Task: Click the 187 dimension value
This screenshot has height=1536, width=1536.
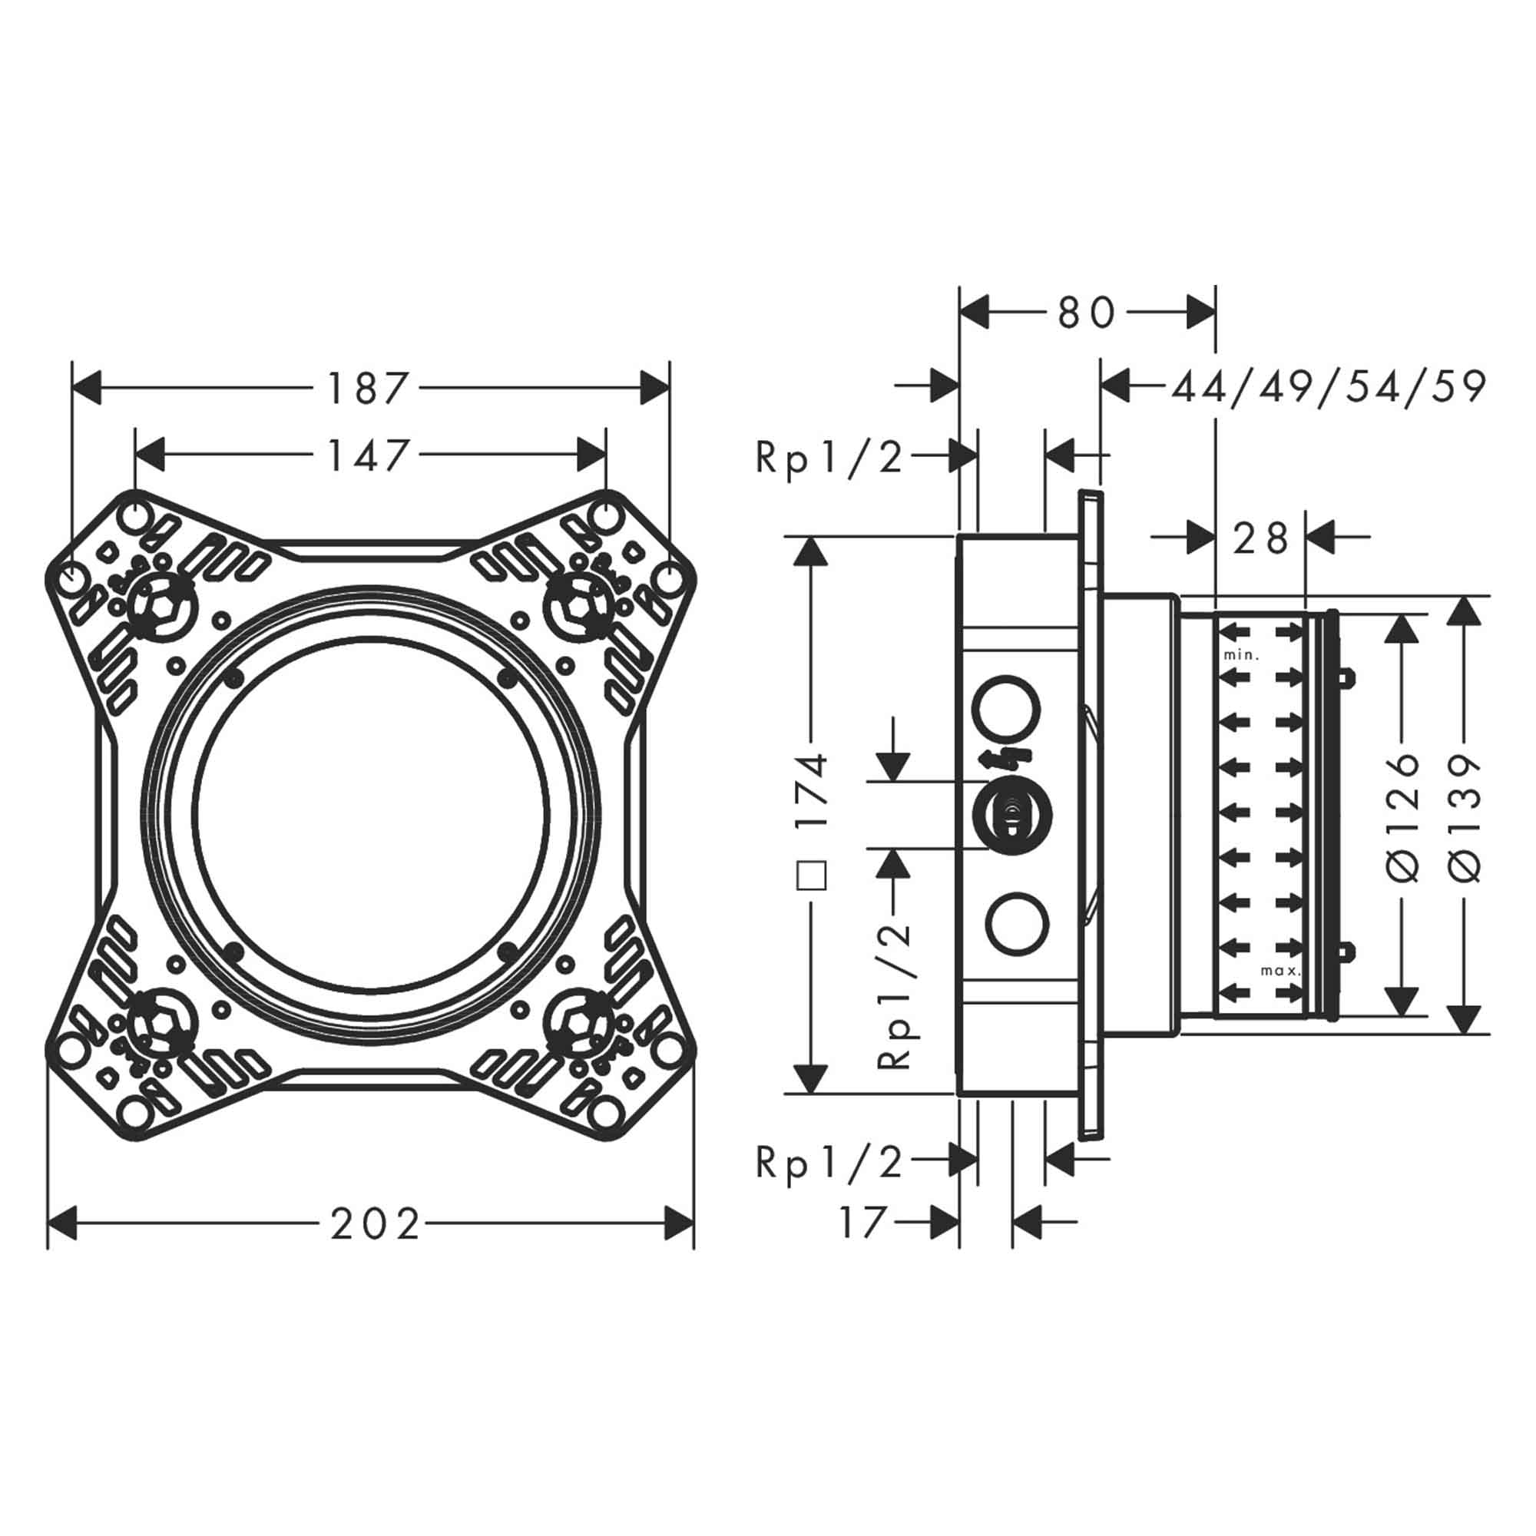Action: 367,389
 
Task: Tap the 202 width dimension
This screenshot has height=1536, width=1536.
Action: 375,1224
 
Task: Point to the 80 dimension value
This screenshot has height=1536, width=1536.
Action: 1087,313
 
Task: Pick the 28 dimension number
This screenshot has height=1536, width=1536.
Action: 1261,539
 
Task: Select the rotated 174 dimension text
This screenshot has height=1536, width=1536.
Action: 813,792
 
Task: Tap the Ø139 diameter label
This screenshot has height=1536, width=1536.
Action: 1465,815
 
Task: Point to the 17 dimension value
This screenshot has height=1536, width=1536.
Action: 862,1222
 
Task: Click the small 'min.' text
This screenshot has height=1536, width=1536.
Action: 1241,655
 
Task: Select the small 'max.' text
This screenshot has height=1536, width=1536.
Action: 1280,971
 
